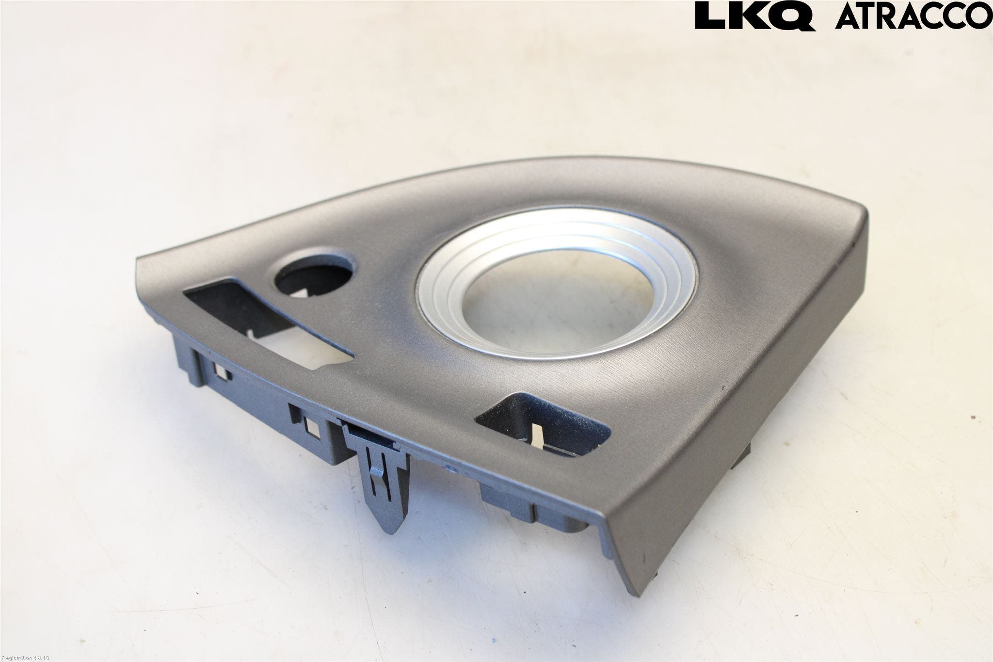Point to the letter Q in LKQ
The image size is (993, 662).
793,16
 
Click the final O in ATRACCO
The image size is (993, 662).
979,16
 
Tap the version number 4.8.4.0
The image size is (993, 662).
41,658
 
